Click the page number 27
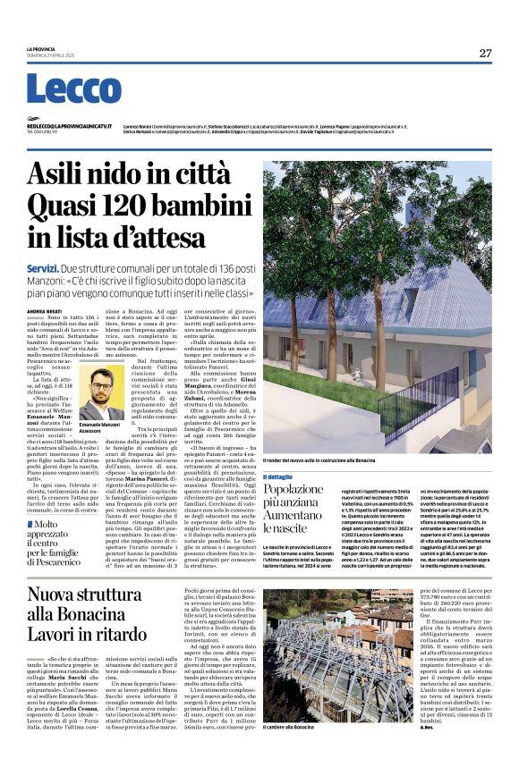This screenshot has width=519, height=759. pyautogui.click(x=484, y=53)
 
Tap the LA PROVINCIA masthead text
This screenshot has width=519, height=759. pyautogui.click(x=41, y=48)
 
